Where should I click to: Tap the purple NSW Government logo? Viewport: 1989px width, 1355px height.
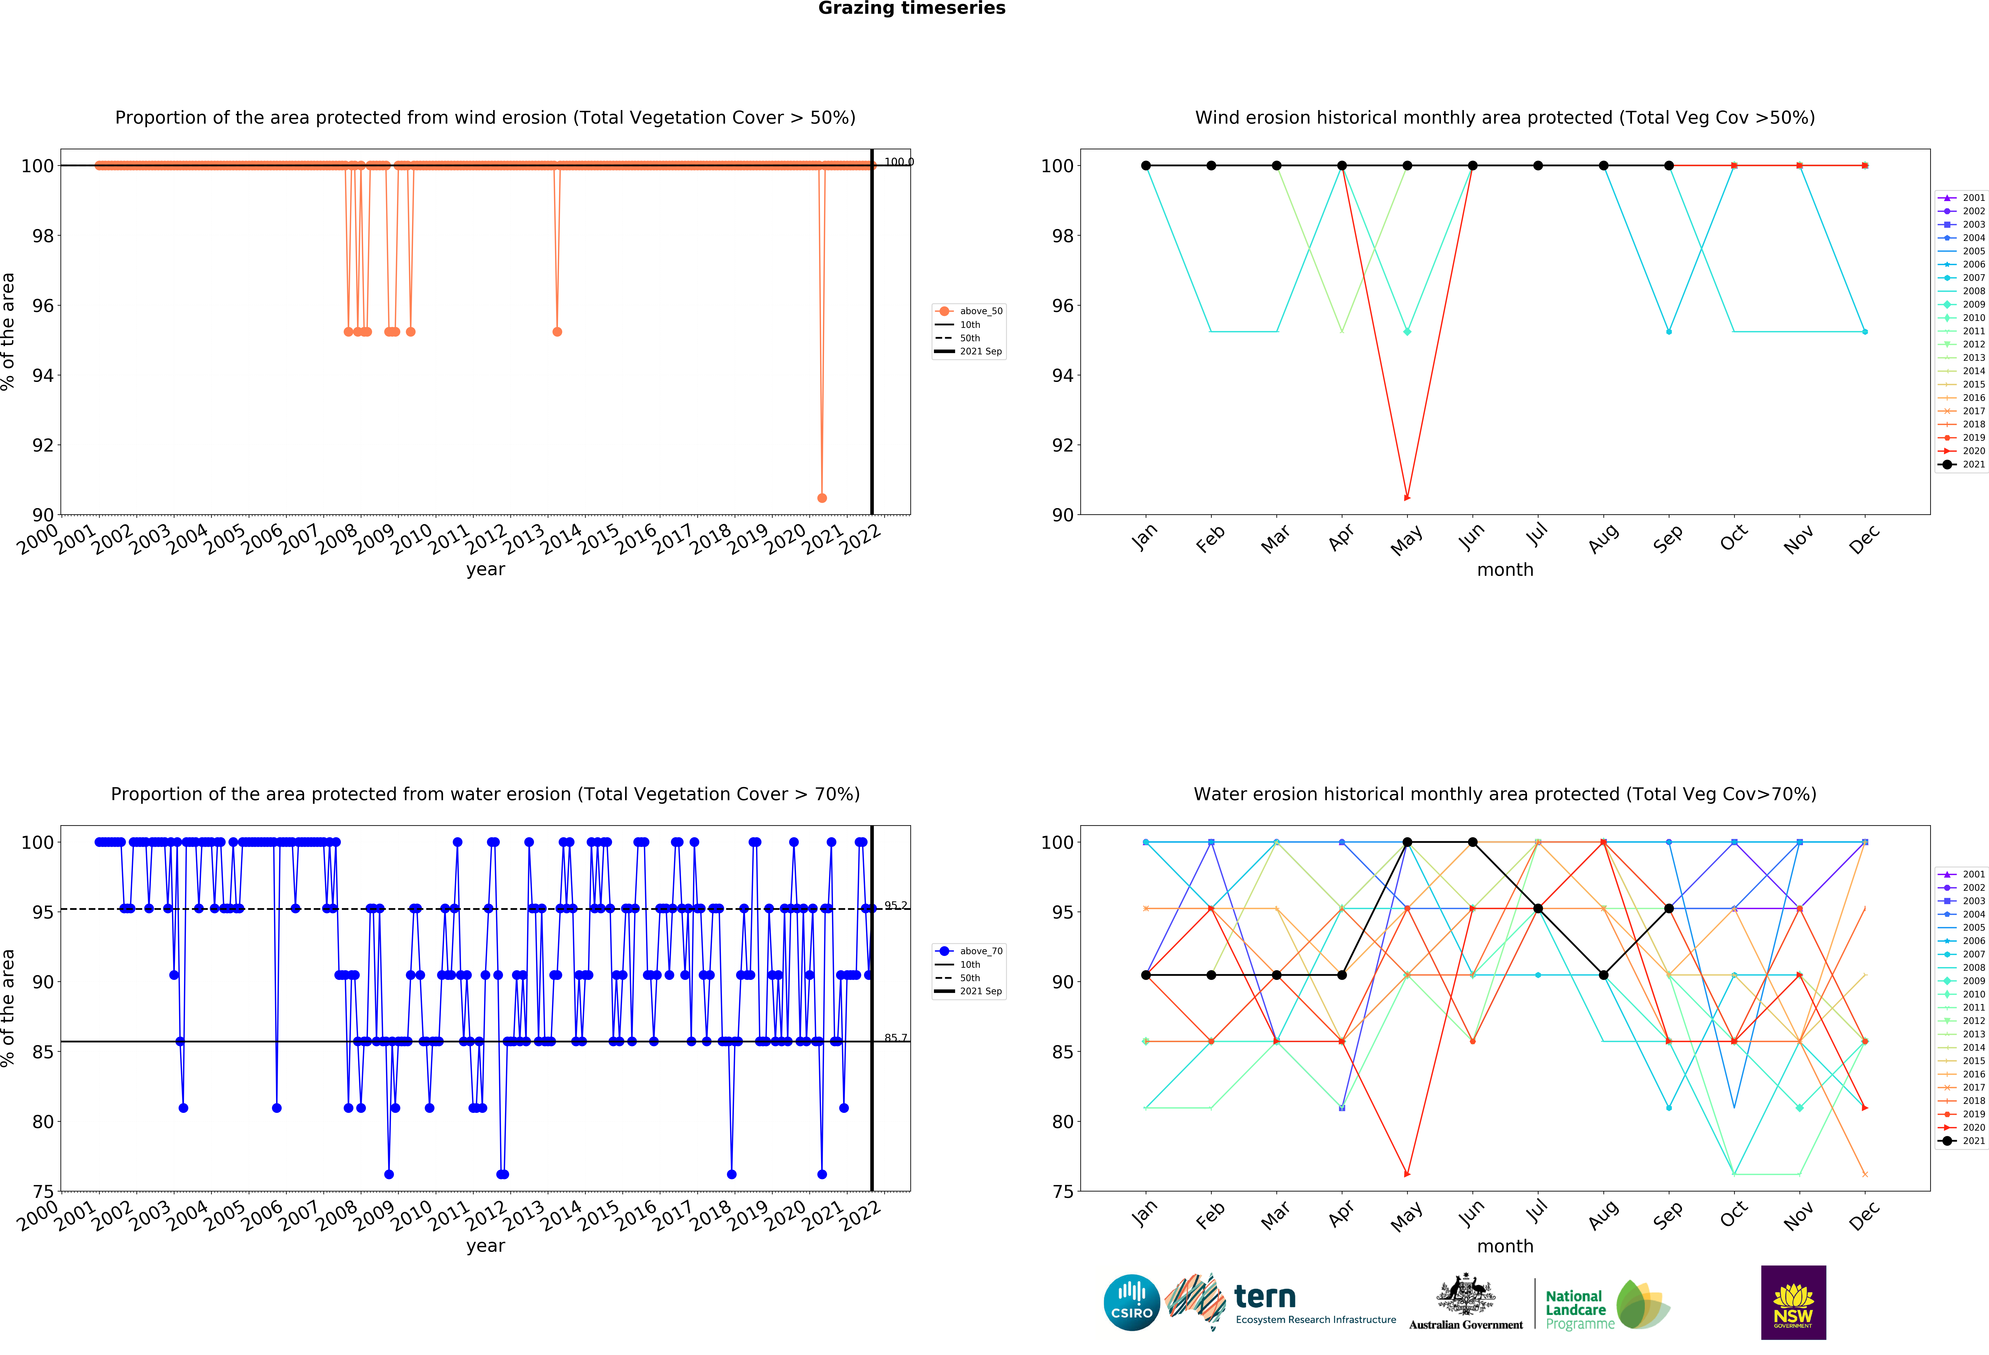click(1793, 1302)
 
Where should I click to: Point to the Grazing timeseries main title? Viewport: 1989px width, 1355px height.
click(911, 8)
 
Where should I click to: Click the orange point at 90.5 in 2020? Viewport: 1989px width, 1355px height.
click(822, 498)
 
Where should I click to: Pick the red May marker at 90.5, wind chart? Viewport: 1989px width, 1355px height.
click(1407, 497)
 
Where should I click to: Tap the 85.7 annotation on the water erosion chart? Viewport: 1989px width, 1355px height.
click(895, 1038)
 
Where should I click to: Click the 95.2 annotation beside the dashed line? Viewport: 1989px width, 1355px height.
click(895, 905)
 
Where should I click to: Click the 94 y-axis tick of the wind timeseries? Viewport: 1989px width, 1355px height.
click(43, 376)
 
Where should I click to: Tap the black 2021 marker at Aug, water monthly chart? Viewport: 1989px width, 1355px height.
click(1603, 975)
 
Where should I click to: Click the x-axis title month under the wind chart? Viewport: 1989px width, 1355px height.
click(1505, 570)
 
